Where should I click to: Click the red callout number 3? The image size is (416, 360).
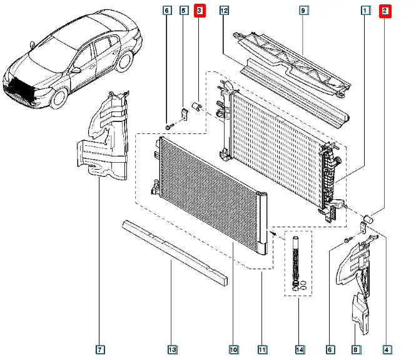200,11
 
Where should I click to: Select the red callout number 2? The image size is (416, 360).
386,11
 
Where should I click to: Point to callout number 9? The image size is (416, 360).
303,11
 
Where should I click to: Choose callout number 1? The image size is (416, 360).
365,11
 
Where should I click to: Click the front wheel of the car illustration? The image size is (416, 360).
60,97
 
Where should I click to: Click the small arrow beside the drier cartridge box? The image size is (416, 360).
273,234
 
